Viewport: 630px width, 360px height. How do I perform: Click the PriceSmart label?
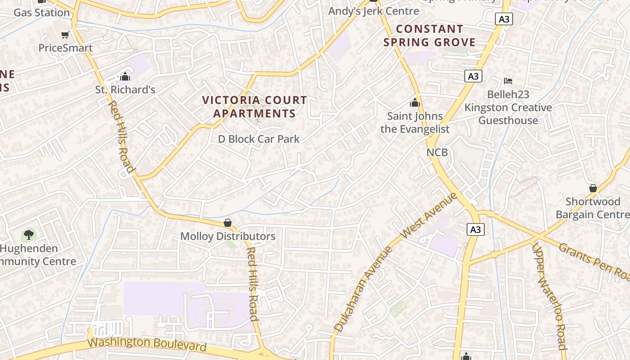tap(65, 48)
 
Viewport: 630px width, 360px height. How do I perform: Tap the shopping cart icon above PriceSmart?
tap(65, 35)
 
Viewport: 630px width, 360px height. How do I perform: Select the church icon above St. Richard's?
tap(125, 76)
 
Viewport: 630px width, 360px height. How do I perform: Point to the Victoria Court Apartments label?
tap(254, 107)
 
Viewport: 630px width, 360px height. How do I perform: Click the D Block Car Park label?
tap(259, 139)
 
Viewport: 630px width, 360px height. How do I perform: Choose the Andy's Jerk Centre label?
tap(373, 11)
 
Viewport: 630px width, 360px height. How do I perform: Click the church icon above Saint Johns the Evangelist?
tap(414, 103)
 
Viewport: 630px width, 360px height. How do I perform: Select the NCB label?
tap(437, 152)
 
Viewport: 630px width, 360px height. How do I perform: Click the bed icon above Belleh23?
tap(508, 81)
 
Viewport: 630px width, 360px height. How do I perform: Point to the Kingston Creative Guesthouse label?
tap(508, 114)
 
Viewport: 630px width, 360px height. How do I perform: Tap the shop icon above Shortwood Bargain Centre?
tap(593, 188)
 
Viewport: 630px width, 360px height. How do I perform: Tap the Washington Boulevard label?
tap(147, 344)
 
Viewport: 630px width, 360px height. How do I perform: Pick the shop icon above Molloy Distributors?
tap(228, 223)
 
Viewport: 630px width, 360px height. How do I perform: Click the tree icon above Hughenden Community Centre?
tap(28, 234)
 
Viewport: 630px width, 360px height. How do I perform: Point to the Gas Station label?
tap(41, 12)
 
